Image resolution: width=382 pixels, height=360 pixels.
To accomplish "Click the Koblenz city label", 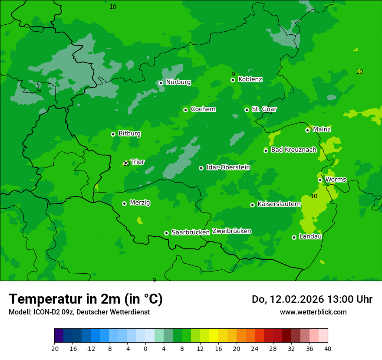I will (x=250, y=79).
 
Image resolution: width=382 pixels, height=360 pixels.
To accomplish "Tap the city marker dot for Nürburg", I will (x=161, y=83).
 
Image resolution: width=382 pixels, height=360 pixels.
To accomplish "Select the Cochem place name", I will (x=203, y=109).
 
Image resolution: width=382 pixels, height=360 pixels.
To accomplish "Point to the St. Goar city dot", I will (x=247, y=110).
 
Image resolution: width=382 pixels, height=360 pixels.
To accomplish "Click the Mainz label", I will (x=322, y=130).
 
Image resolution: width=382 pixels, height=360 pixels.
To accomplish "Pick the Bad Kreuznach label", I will (x=293, y=150).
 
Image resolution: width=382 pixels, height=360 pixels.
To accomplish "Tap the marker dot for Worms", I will (x=320, y=180).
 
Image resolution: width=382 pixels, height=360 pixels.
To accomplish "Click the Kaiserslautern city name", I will (x=279, y=204).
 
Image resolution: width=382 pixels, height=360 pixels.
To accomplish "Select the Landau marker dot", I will (x=294, y=237).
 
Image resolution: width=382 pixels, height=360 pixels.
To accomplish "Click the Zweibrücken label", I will (x=231, y=231).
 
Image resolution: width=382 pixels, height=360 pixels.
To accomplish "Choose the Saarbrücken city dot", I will (x=166, y=233).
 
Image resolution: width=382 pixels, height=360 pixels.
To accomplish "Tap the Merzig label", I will (x=140, y=203).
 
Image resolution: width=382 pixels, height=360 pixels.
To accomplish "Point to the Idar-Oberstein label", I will (x=228, y=167).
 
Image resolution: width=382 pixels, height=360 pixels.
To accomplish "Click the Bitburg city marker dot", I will (x=113, y=134).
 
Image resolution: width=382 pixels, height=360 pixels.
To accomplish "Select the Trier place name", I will (x=138, y=162).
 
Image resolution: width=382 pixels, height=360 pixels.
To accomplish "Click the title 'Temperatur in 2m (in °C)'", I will (x=86, y=299).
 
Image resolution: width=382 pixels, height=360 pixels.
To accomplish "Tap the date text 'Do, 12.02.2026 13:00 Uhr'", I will (x=312, y=299).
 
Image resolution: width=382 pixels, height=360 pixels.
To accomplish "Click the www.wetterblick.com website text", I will (x=313, y=312).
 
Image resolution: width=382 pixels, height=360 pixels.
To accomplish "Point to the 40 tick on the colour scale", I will (x=328, y=348).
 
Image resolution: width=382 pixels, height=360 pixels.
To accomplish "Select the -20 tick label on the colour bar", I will (x=54, y=348).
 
